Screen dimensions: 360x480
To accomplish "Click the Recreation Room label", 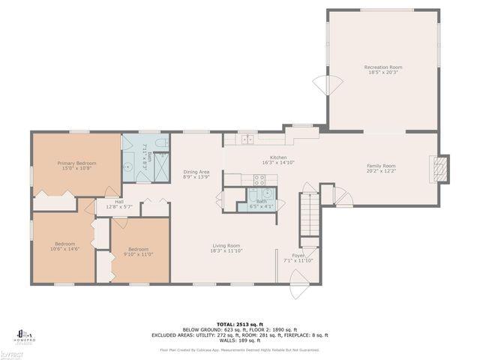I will click(382, 70).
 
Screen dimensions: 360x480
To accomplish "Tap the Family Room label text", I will click(381, 168).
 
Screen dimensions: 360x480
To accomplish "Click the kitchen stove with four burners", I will click(260, 180).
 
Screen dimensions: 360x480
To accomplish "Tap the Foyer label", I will click(298, 257).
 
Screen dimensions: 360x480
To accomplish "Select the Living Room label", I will click(226, 247).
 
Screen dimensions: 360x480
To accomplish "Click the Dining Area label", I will click(196, 174).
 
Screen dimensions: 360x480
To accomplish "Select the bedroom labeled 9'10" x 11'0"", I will click(138, 251).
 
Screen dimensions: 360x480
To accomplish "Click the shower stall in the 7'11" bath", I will click(160, 171).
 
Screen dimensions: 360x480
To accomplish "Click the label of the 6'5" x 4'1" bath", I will click(261, 203).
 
